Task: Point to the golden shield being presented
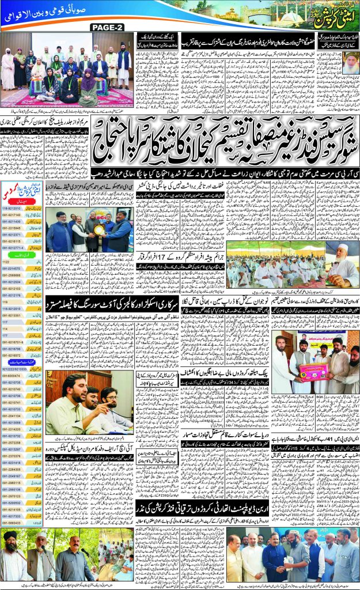click(x=99, y=213)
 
